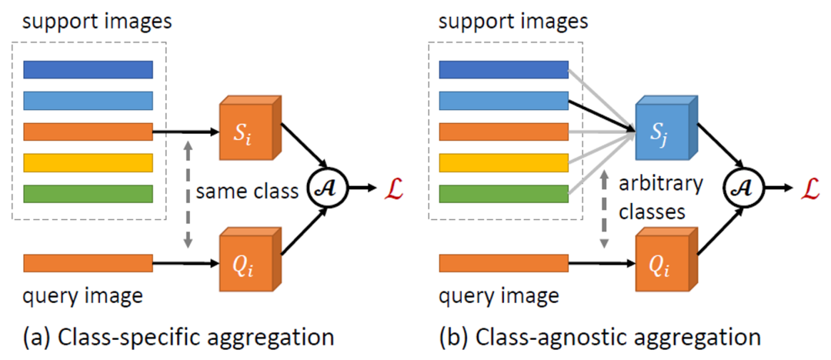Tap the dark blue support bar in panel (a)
[88, 70]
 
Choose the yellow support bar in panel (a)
[88, 163]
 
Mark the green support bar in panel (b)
[504, 194]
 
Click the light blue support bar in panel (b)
[504, 101]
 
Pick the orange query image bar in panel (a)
[88, 263]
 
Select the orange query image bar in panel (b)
[504, 263]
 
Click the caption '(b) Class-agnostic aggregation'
[599, 336]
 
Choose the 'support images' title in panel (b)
[513, 21]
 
